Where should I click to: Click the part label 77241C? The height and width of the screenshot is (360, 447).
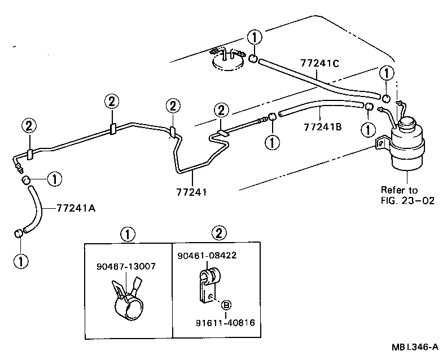(319, 64)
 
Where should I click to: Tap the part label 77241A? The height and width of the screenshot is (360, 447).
(76, 208)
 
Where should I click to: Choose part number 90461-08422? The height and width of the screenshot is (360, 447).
(205, 256)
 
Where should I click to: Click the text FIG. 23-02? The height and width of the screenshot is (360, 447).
(407, 200)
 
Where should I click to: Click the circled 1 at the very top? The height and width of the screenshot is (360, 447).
(255, 38)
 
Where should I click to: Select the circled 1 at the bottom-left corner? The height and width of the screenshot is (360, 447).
(21, 261)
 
